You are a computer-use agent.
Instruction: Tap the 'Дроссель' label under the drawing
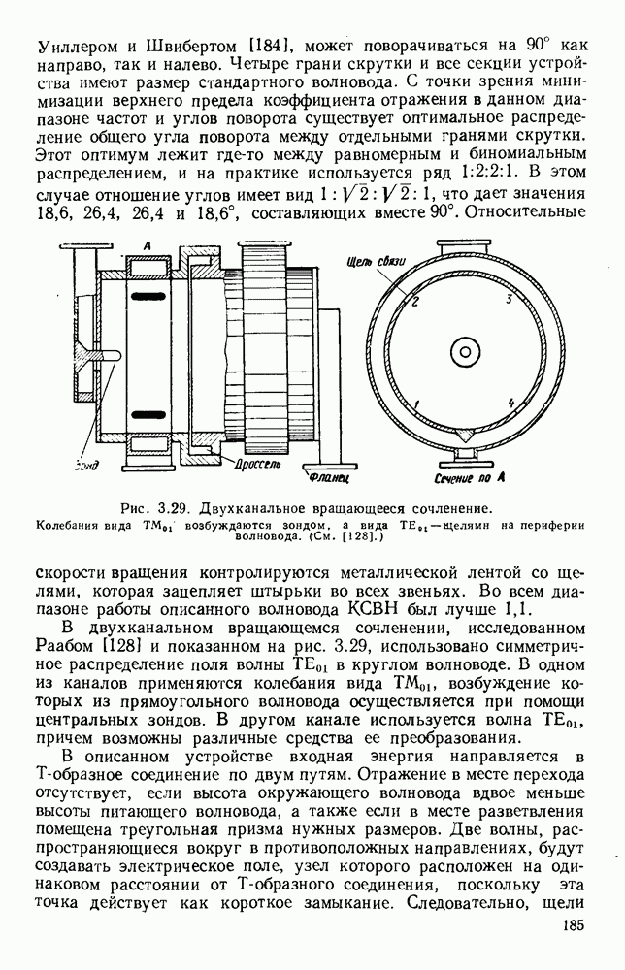click(x=255, y=464)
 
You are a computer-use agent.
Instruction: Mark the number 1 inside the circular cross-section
click(x=415, y=402)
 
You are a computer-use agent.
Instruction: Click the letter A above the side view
click(x=146, y=248)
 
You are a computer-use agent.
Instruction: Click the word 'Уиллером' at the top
click(x=73, y=45)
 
